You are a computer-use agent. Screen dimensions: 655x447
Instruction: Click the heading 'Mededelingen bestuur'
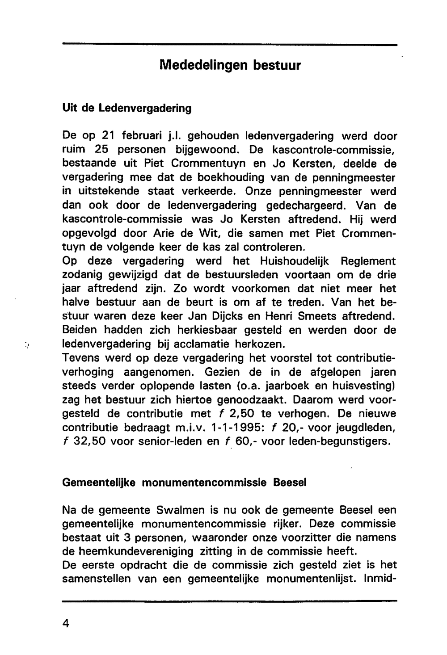pos(230,65)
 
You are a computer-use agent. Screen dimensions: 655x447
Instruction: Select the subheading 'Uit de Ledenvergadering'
pos(127,108)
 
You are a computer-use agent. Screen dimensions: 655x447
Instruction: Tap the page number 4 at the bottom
pos(66,623)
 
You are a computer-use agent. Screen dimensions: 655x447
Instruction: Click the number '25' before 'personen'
pos(108,150)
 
